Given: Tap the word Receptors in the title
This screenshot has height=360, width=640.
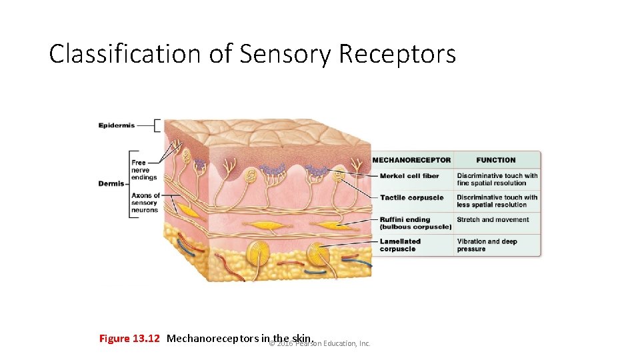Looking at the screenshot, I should click(397, 54).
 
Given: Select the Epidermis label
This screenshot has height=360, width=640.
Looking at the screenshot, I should click(117, 125).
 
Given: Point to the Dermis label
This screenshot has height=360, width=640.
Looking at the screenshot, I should click(111, 183).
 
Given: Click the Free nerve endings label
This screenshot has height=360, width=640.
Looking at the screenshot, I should click(144, 170).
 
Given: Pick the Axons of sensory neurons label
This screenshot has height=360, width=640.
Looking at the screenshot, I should click(145, 203).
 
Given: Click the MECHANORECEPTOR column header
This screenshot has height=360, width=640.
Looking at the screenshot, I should click(411, 160).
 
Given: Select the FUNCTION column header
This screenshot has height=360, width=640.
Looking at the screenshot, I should click(496, 160).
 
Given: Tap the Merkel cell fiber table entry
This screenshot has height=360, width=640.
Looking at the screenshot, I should click(409, 176).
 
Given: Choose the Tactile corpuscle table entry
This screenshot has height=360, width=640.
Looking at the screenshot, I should click(411, 197).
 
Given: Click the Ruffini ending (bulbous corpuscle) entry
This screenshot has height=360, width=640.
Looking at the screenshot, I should click(415, 223).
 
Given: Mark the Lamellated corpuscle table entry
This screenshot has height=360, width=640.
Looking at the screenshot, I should click(400, 245).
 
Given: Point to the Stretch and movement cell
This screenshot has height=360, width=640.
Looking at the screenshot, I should click(493, 220).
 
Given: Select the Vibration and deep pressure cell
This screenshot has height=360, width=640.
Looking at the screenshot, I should click(487, 245).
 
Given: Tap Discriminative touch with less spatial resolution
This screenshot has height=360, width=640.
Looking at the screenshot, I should click(497, 201).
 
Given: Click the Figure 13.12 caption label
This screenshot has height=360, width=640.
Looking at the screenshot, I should click(129, 339).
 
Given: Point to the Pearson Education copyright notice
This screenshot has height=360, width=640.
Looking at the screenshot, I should click(320, 344).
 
